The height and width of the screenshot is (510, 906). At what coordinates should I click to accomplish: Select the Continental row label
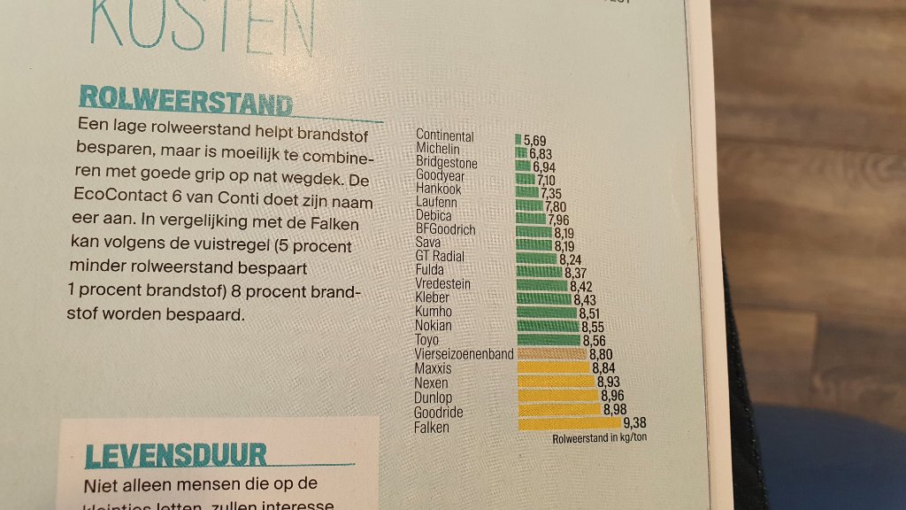pyautogui.click(x=445, y=136)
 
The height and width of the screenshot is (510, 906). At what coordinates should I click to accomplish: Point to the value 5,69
pyautogui.click(x=535, y=140)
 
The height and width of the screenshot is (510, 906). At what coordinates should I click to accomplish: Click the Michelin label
pyautogui.click(x=438, y=151)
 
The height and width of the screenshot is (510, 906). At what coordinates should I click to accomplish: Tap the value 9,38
pyautogui.click(x=635, y=424)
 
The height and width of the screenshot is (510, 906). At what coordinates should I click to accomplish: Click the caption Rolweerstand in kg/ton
pyautogui.click(x=599, y=438)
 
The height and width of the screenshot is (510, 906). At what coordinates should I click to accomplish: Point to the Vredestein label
pyautogui.click(x=443, y=284)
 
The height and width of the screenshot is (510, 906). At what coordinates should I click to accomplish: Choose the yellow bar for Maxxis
pyautogui.click(x=553, y=367)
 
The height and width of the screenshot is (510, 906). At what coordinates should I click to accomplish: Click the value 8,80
pyautogui.click(x=601, y=354)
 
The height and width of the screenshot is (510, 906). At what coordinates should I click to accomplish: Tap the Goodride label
pyautogui.click(x=438, y=413)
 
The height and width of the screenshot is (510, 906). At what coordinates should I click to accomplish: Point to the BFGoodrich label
pyautogui.click(x=446, y=229)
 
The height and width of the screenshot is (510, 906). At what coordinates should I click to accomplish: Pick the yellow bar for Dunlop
pyautogui.click(x=557, y=396)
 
